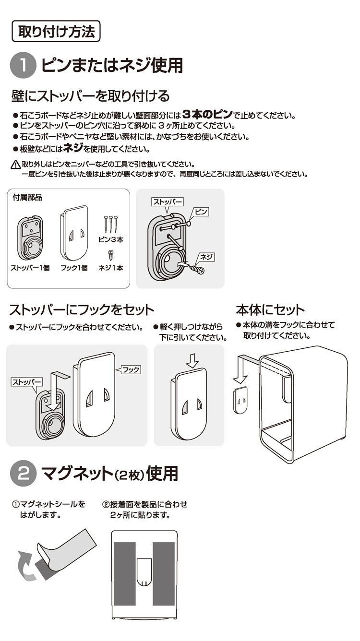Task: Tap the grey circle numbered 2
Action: click(x=23, y=474)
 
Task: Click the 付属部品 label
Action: click(x=28, y=197)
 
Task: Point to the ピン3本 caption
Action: click(x=111, y=239)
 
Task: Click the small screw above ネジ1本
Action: click(x=111, y=255)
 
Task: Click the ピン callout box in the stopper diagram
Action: click(x=202, y=212)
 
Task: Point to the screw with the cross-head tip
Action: click(x=197, y=270)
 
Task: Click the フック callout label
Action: click(x=130, y=370)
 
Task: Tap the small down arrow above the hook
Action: click(x=192, y=361)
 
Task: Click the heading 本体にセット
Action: click(x=270, y=309)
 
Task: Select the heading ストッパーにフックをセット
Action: click(x=82, y=309)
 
